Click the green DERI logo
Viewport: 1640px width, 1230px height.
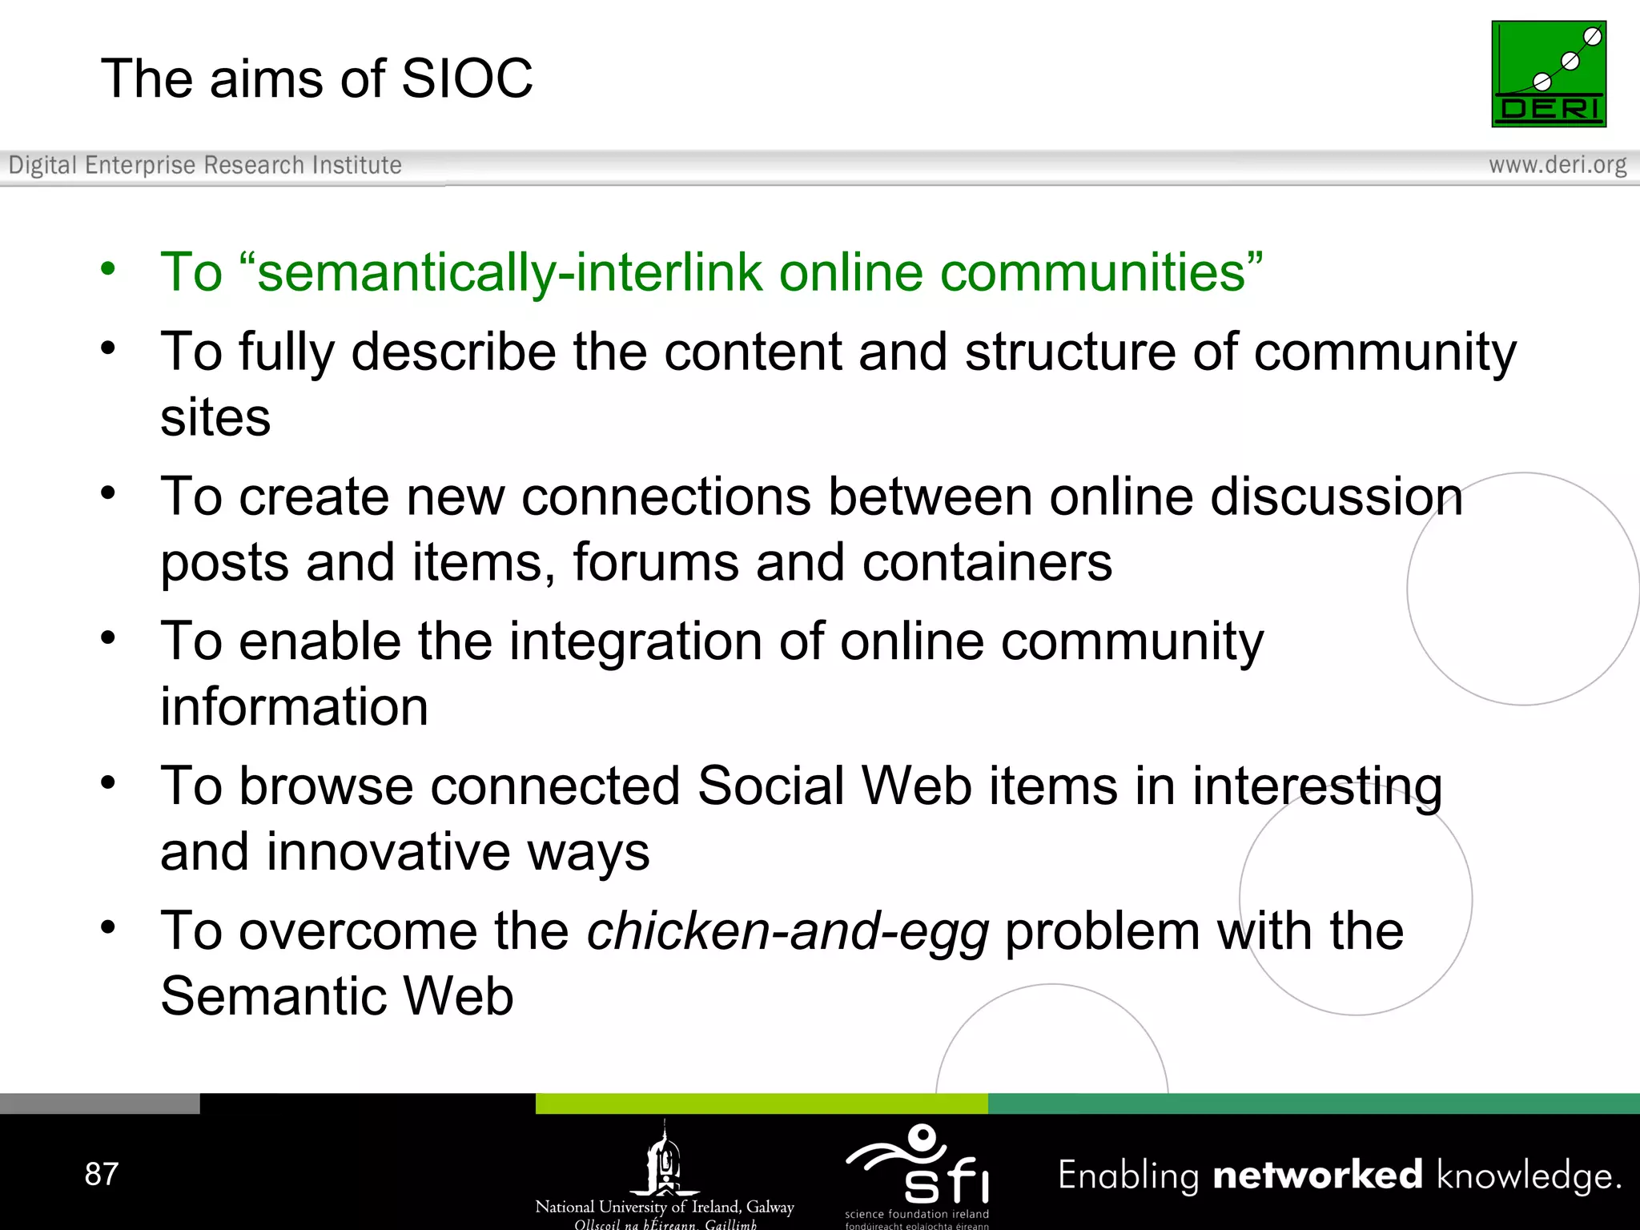pos(1548,74)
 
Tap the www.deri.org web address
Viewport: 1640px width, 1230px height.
pos(1557,165)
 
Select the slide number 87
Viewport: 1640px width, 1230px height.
pos(102,1174)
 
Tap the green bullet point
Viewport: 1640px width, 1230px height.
pos(108,268)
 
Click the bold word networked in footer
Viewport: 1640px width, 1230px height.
pos(1317,1176)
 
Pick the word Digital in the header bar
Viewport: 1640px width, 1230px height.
pos(43,165)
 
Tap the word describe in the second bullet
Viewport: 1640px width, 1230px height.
pos(453,352)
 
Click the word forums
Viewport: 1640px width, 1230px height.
pos(655,562)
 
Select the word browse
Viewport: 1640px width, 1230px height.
pos(326,786)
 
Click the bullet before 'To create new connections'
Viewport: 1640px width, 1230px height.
pos(108,492)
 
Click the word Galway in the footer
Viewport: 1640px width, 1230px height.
pos(770,1207)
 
